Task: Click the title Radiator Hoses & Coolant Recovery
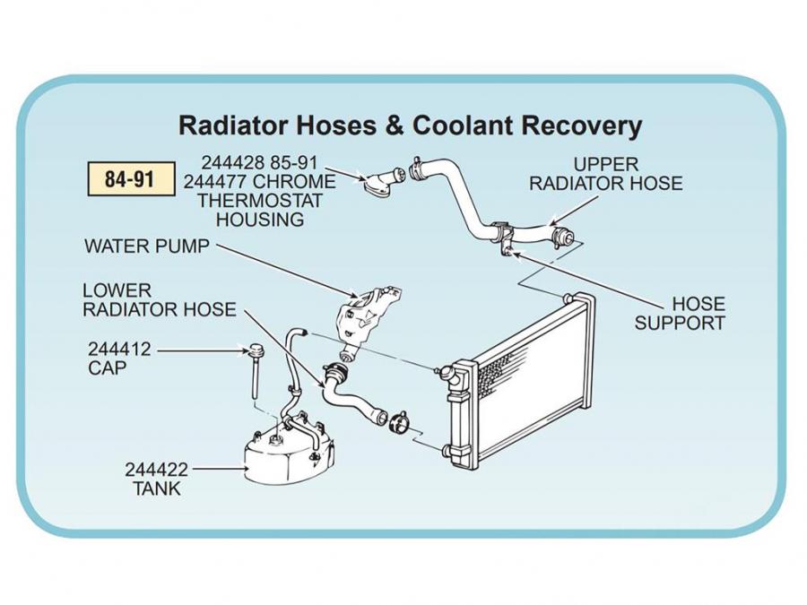(x=411, y=125)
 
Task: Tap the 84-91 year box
(x=129, y=179)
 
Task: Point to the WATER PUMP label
(x=146, y=246)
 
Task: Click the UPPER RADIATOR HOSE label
(x=605, y=175)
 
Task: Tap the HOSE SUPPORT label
(x=679, y=314)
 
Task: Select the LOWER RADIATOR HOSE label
(x=159, y=300)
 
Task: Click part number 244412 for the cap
(x=120, y=350)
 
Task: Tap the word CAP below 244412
(x=107, y=367)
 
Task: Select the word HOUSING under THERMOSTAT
(x=260, y=220)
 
